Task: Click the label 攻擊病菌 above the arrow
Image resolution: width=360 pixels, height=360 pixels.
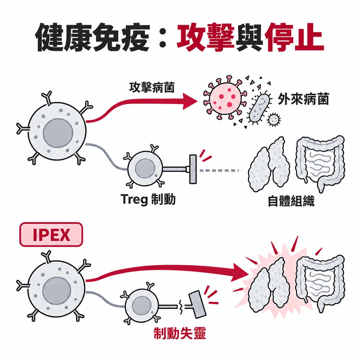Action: click(x=152, y=87)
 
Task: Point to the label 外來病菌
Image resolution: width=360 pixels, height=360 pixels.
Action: click(x=303, y=99)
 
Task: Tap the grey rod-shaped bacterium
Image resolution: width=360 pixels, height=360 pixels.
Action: click(x=259, y=108)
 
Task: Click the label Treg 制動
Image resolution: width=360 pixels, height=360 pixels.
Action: click(x=148, y=199)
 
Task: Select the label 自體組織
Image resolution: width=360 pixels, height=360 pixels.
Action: click(x=291, y=201)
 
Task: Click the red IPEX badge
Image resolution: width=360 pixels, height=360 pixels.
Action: click(x=51, y=234)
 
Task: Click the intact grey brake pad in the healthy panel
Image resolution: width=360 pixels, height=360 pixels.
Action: click(x=193, y=169)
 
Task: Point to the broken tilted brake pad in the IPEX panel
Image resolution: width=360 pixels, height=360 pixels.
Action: click(x=197, y=304)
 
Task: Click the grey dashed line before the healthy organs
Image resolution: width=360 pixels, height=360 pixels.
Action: click(x=219, y=171)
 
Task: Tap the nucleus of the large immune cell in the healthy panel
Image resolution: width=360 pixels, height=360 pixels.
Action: click(x=58, y=133)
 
